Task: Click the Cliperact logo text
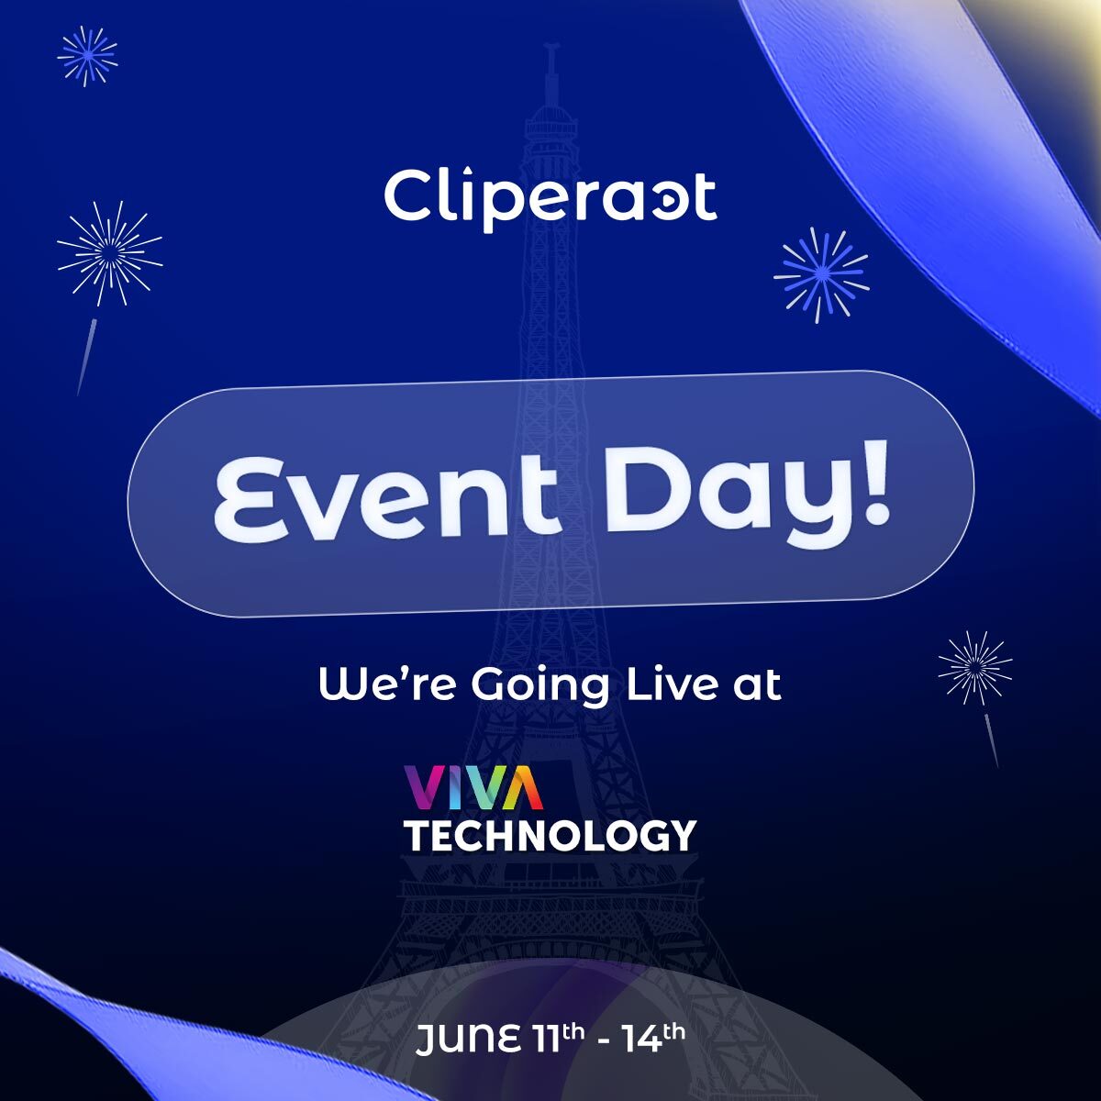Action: (x=550, y=196)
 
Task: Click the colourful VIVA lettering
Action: (x=473, y=788)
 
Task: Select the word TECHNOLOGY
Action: (x=550, y=836)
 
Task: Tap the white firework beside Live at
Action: (x=974, y=667)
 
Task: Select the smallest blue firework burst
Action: (x=87, y=56)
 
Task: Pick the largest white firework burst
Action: (x=109, y=253)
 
